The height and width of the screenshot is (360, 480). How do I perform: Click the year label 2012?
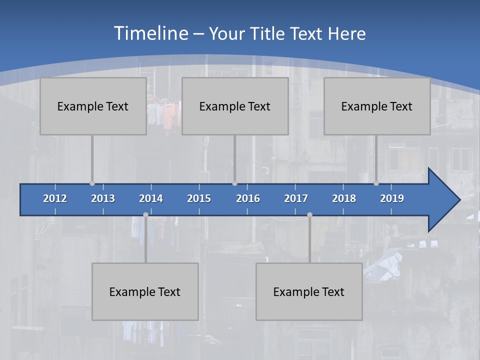[x=55, y=198]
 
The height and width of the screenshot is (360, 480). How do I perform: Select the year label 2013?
[x=103, y=198]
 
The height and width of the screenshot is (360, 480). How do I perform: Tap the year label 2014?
[x=151, y=198]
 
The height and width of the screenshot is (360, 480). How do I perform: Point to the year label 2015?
[x=199, y=198]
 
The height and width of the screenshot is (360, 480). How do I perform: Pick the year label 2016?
[x=248, y=198]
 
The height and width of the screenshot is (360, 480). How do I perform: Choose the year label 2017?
[x=296, y=198]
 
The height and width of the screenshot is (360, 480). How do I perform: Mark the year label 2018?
[x=344, y=198]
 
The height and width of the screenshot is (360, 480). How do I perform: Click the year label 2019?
[x=392, y=198]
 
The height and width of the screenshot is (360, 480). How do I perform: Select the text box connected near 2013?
[x=93, y=106]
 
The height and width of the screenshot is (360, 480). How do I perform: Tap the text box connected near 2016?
[x=235, y=106]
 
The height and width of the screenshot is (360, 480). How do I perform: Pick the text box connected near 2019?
[x=377, y=106]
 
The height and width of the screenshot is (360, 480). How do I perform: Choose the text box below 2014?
[x=145, y=291]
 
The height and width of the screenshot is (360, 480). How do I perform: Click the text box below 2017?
[x=309, y=291]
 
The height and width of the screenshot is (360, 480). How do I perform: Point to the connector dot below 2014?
[x=145, y=215]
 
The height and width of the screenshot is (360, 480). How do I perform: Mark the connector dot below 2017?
[x=309, y=215]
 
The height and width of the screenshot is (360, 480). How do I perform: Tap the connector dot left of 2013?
[x=92, y=183]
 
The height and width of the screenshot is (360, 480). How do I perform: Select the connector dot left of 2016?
[x=234, y=183]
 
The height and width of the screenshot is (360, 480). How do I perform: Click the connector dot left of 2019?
[x=376, y=183]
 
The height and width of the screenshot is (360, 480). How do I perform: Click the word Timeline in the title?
[x=150, y=33]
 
